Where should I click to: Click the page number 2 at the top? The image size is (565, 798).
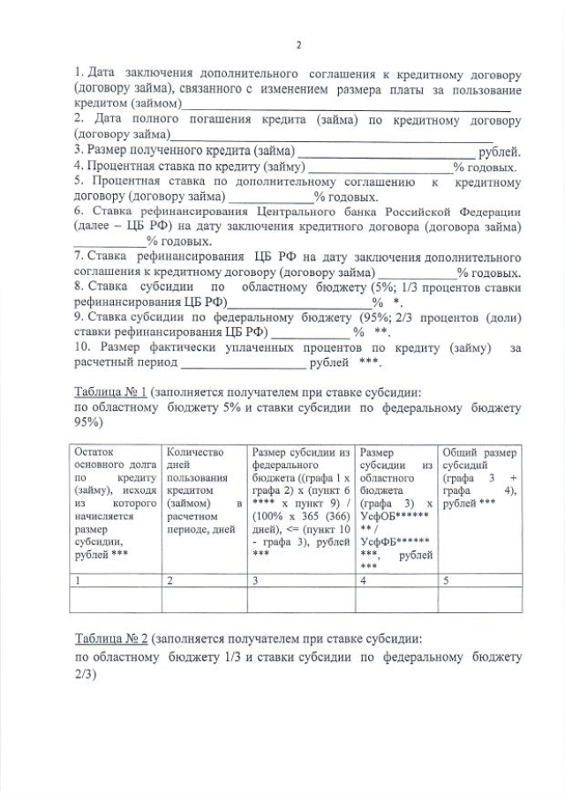pyautogui.click(x=298, y=45)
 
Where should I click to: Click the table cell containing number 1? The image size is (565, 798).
pyautogui.click(x=116, y=580)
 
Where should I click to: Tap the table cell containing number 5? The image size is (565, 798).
pyautogui.click(x=480, y=580)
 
